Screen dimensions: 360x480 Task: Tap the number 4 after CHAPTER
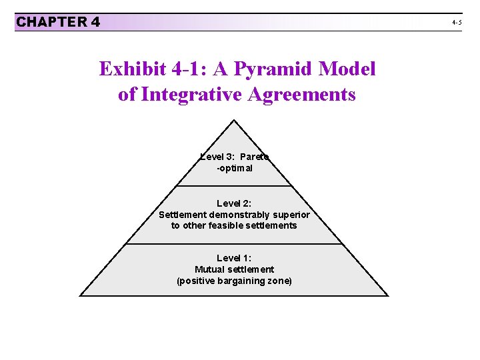[95, 22]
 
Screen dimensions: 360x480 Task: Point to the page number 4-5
[457, 22]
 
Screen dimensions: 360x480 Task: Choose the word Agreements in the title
[301, 94]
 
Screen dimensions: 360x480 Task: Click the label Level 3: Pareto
[234, 157]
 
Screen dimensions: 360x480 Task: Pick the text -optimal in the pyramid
[234, 168]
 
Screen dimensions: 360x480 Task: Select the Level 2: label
[234, 203]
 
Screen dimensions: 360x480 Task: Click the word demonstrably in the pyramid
[242, 215]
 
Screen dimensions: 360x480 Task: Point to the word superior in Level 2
[293, 215]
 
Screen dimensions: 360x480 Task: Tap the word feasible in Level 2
[223, 225]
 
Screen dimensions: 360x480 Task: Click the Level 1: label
[234, 258]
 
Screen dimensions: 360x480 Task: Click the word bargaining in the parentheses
[235, 281]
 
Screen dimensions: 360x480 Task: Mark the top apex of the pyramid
[234, 120]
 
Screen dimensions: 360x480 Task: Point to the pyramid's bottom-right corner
[387, 295]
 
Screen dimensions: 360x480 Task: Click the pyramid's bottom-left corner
[81, 295]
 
